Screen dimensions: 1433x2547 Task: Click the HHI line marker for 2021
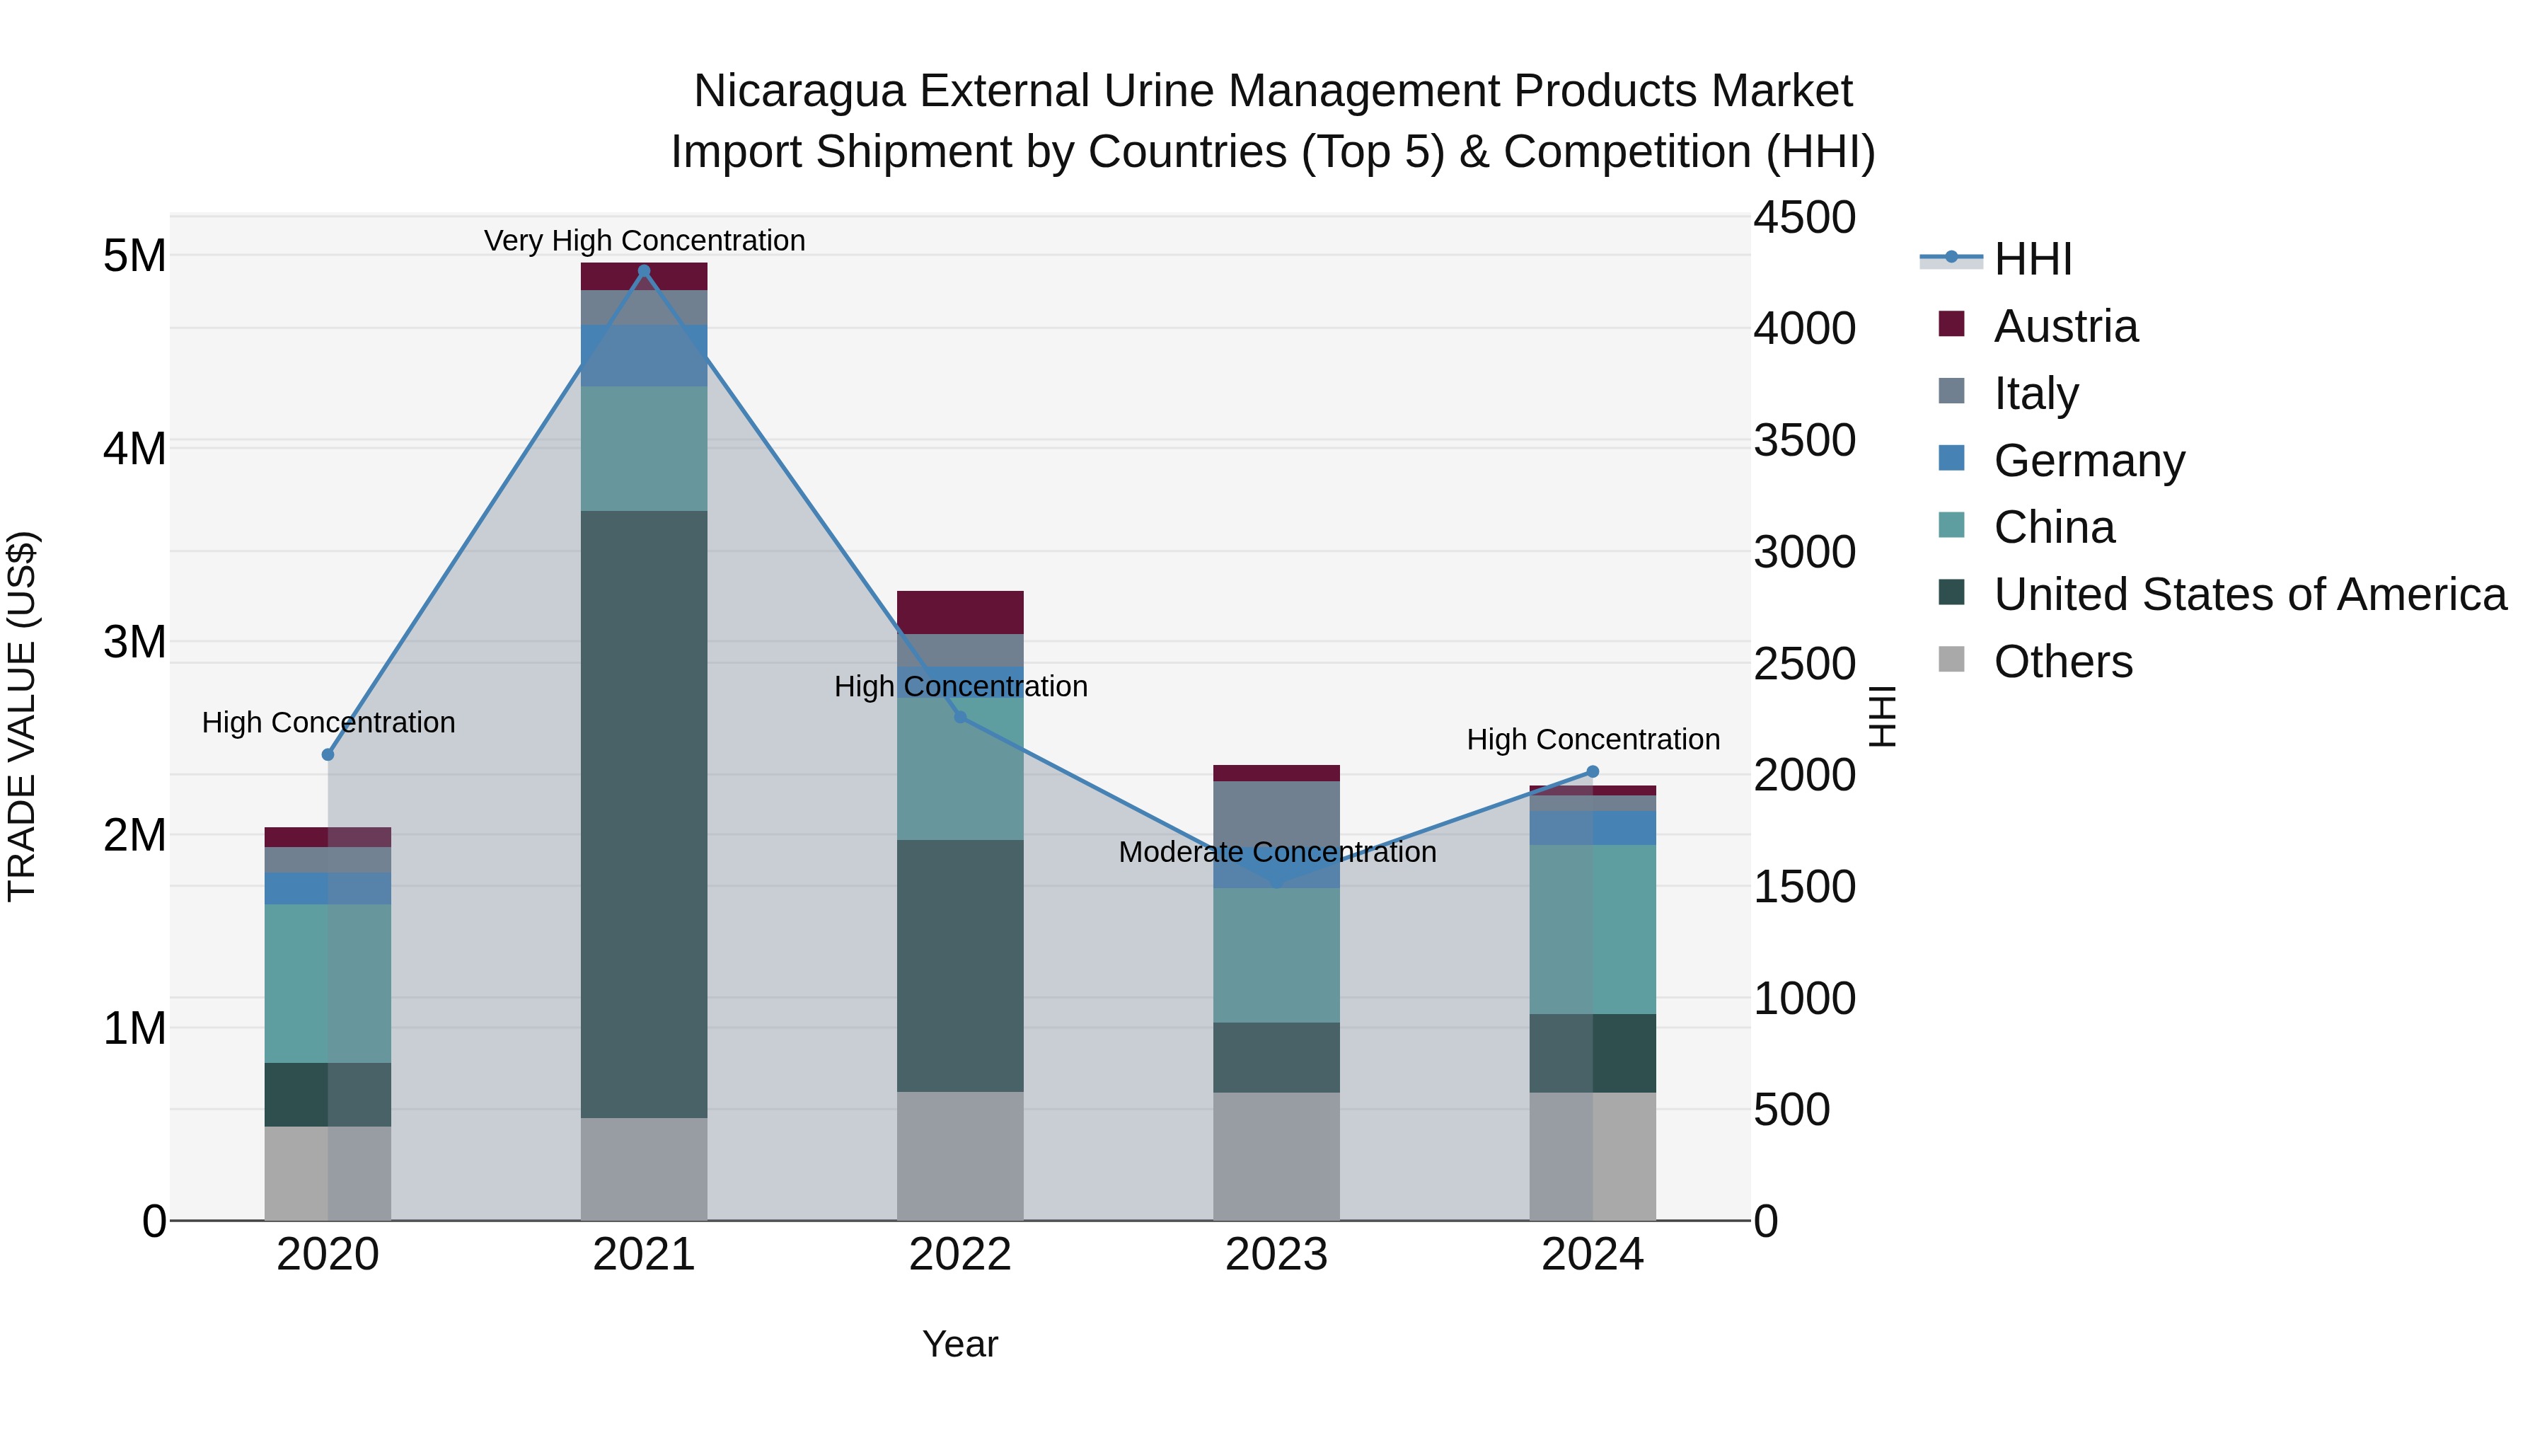[644, 271]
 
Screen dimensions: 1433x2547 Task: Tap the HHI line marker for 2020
[328, 754]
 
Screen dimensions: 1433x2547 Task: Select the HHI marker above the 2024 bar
[1592, 771]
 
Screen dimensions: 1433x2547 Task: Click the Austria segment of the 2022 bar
[959, 612]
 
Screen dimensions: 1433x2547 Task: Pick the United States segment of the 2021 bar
[644, 814]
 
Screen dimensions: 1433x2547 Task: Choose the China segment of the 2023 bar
[1276, 955]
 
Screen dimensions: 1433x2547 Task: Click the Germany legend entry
[2089, 461]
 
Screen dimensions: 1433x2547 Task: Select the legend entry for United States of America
[2249, 594]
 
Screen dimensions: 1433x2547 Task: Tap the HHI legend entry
[2032, 259]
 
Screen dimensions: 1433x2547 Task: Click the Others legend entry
[2062, 662]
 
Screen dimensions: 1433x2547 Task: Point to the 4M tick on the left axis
[134, 448]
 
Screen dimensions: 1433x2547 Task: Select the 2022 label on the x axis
[959, 1255]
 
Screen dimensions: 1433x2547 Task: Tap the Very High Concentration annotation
[644, 241]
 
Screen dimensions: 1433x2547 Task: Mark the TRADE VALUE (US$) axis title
[22, 716]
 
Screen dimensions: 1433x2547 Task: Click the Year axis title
[959, 1344]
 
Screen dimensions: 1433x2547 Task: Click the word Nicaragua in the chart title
[799, 91]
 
